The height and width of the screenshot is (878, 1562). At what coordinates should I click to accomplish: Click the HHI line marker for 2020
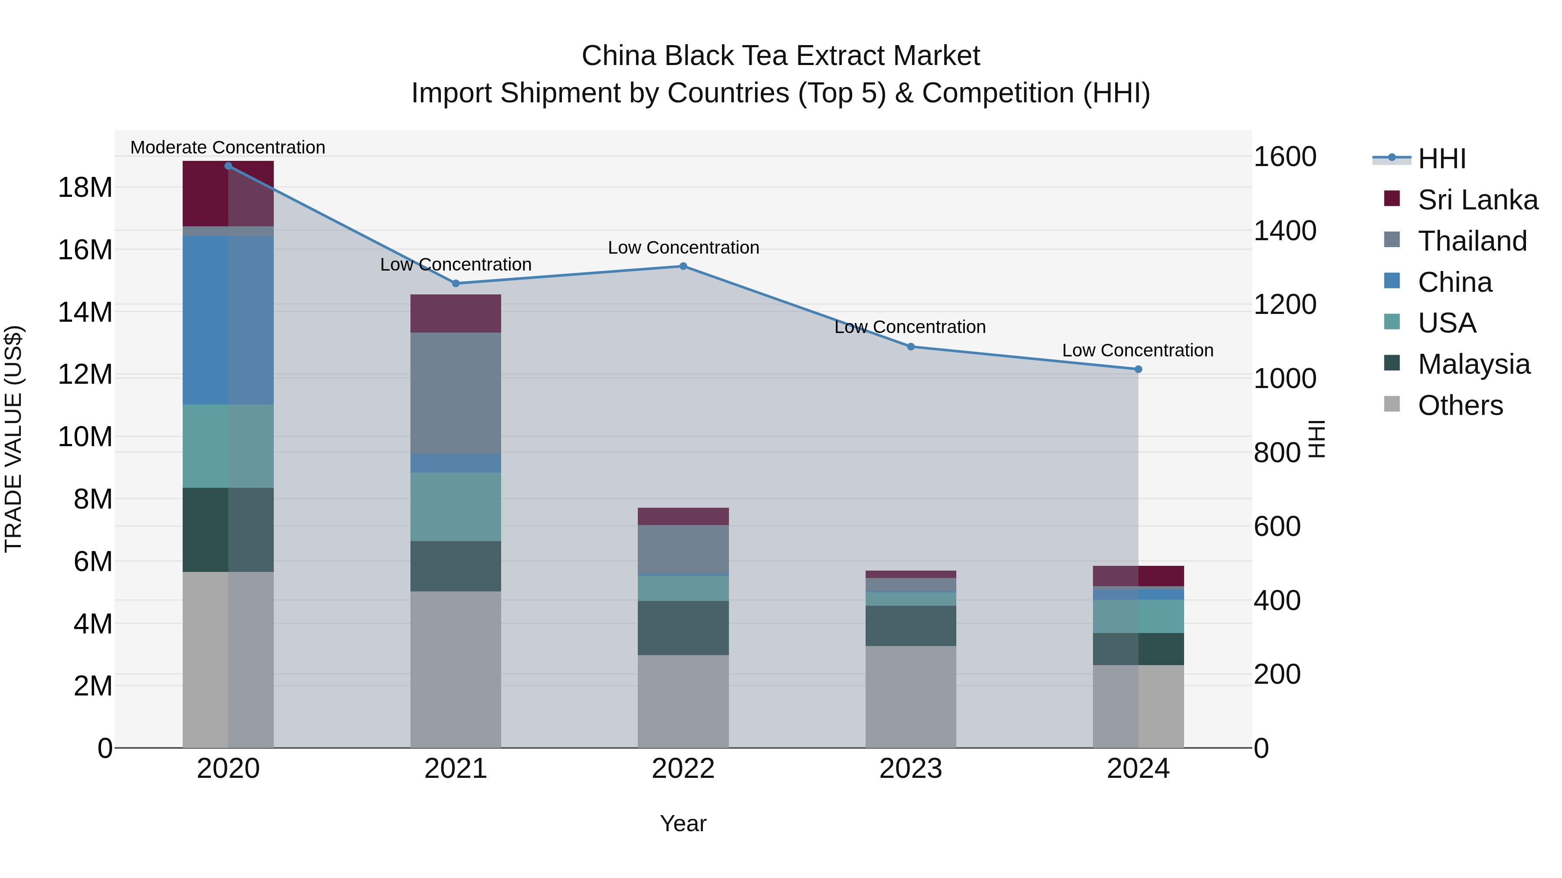pos(228,166)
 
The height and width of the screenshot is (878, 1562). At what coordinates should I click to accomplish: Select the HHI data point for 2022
pos(683,266)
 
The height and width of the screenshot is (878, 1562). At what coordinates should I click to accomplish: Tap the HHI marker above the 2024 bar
pos(1138,369)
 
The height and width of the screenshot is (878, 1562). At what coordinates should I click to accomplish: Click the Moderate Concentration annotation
pos(227,147)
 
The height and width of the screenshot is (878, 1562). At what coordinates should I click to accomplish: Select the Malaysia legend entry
pos(1473,364)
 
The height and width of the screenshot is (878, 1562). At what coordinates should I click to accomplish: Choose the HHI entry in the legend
pos(1441,159)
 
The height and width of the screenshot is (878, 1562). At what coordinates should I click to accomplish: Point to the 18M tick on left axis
pos(85,187)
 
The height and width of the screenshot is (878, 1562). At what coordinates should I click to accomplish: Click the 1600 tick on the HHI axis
pos(1284,157)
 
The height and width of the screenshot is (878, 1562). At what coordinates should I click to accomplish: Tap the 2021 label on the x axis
pos(456,769)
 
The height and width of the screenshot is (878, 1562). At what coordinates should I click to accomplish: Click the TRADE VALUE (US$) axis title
pos(13,439)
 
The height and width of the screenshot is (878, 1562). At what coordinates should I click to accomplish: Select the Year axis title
pos(683,823)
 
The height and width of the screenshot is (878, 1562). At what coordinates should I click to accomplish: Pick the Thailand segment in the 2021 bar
pos(456,393)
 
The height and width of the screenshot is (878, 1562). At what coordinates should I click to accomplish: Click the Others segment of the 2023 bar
pos(910,697)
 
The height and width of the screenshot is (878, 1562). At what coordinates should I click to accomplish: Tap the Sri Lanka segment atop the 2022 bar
pos(683,516)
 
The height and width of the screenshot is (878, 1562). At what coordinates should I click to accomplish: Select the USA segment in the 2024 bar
pos(1138,616)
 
